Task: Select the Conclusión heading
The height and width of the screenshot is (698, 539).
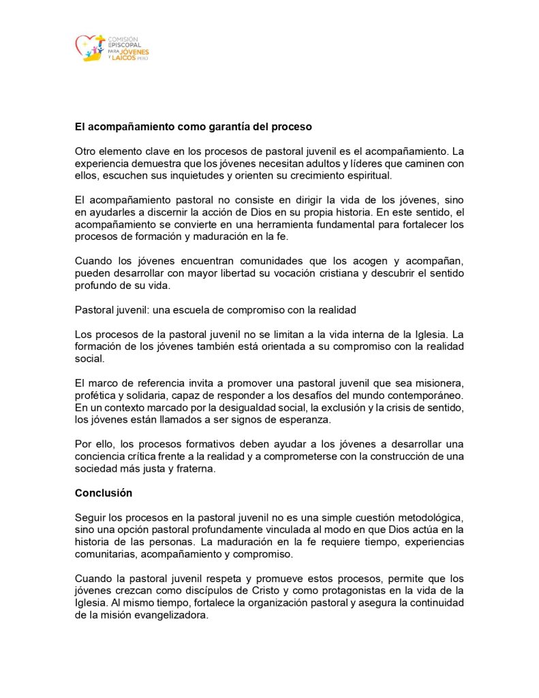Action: coord(104,493)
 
